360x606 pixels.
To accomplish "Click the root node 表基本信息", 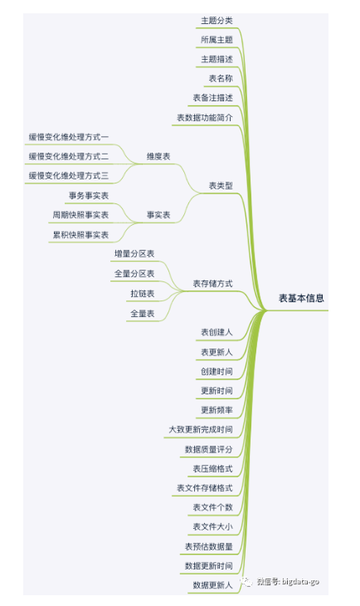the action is click(301, 298).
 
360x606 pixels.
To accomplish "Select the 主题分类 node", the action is click(216, 21).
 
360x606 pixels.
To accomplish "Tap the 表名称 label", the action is click(221, 79).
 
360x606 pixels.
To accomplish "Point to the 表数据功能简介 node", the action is click(205, 118).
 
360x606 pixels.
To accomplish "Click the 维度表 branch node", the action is click(158, 157).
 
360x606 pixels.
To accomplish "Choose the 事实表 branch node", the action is click(158, 215).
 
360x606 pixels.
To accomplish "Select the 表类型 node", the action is click(221, 185).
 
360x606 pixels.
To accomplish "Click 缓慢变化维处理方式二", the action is click(69, 157).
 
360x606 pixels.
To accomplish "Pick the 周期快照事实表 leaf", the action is click(80, 215).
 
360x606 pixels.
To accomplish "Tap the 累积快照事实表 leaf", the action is click(80, 235).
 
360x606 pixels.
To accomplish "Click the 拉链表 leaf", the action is click(143, 294).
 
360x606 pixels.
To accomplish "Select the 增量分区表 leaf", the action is click(134, 254).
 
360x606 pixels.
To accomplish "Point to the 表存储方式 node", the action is click(213, 284).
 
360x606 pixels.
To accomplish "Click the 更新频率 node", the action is click(216, 410).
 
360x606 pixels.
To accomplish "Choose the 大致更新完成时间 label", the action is click(201, 429).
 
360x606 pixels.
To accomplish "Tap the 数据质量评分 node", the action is click(209, 449).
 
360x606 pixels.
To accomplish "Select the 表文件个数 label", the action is click(213, 507).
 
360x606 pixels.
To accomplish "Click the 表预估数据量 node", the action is click(209, 546).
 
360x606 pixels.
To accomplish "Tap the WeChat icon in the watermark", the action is click(246, 581).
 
